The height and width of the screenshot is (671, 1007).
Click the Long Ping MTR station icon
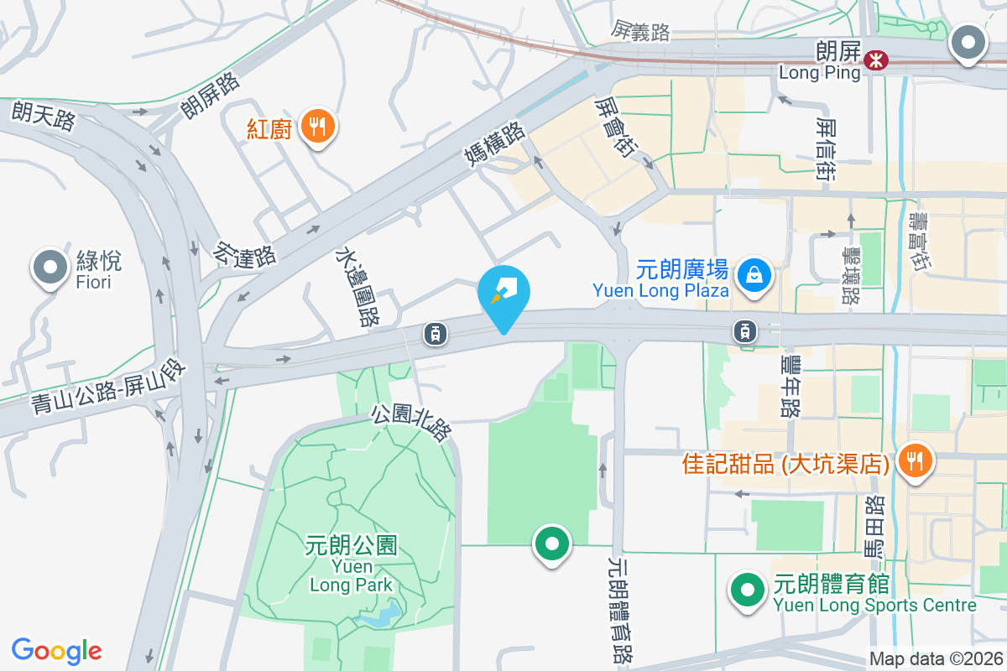click(x=876, y=60)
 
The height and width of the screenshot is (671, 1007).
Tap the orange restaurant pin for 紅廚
click(x=318, y=127)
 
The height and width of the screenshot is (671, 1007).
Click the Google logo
click(x=56, y=651)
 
